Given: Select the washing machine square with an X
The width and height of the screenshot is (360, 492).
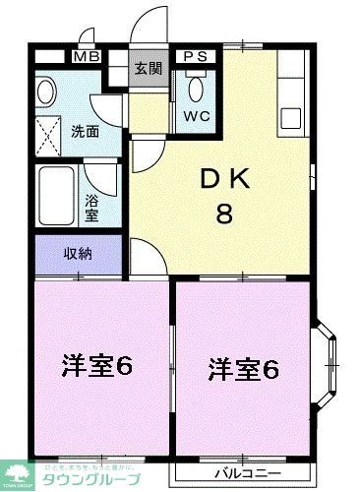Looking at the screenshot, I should pos(48,131).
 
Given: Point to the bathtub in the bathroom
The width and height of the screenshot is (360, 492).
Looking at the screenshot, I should pos(56,194).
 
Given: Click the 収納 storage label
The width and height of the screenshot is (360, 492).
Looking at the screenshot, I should pos(78,254).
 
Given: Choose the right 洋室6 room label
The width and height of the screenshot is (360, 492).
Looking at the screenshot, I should pos(244,370).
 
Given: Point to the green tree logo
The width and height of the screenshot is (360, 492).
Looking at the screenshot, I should pos(19,469).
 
